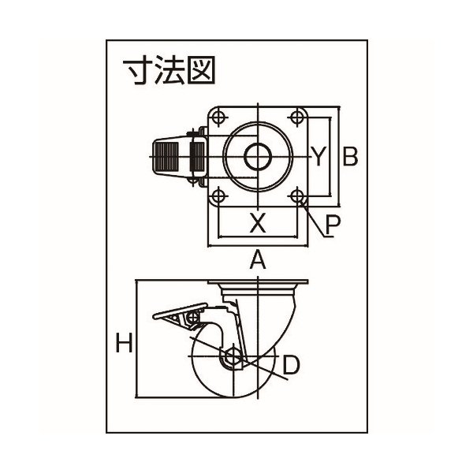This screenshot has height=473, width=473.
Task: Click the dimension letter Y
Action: (317, 156)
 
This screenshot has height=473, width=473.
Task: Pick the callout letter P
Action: (332, 225)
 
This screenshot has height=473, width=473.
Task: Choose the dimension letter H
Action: (123, 342)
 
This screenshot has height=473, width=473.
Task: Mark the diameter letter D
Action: (290, 364)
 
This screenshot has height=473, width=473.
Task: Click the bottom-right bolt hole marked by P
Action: (297, 195)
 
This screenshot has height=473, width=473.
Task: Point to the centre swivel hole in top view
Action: (257, 155)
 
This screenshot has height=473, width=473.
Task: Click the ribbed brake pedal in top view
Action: (170, 155)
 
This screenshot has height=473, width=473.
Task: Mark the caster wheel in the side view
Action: (236, 371)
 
